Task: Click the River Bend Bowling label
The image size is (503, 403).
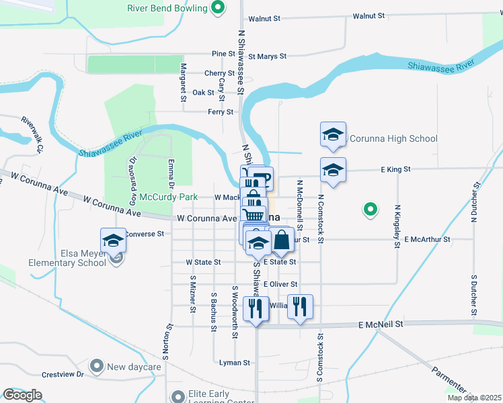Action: click(x=167, y=9)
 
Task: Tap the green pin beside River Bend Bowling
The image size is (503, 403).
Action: click(x=217, y=8)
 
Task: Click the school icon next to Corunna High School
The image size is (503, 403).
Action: click(x=333, y=135)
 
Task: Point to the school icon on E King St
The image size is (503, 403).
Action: click(x=333, y=171)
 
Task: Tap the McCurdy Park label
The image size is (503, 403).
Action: click(x=169, y=197)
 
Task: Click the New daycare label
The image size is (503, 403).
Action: click(x=134, y=367)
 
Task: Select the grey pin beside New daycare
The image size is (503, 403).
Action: click(x=97, y=367)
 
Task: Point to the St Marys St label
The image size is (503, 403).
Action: click(x=267, y=56)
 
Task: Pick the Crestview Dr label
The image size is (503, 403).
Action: click(x=63, y=375)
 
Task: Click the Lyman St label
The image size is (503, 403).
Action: click(x=235, y=363)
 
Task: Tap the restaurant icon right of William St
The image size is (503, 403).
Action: click(x=300, y=307)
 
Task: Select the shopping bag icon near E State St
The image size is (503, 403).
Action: click(x=282, y=240)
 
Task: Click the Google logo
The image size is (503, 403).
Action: click(x=22, y=395)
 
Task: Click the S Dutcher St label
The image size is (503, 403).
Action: click(x=474, y=295)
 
